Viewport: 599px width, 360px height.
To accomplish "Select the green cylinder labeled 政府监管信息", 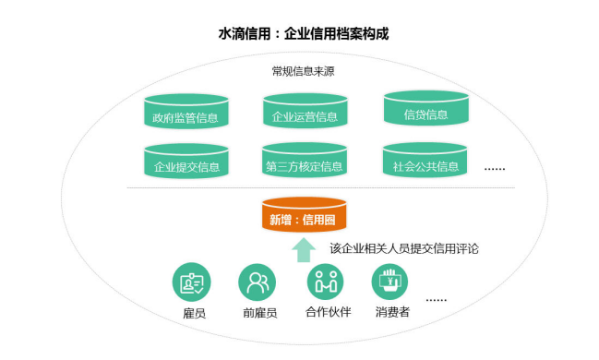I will [186, 114].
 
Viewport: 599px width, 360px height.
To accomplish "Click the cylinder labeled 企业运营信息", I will [305, 114].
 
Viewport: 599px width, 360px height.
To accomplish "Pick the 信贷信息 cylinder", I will [425, 112].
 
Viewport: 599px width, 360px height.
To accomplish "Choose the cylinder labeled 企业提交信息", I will [186, 164].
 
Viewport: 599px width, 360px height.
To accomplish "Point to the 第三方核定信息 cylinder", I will [305, 164].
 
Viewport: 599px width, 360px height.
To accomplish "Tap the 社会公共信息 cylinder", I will [425, 164].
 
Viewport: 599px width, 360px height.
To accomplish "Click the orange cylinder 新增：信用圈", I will [304, 217].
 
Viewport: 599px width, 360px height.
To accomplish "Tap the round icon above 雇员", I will [193, 282].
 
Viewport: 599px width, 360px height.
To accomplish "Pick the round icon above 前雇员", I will [258, 282].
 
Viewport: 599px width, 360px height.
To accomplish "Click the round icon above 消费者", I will [391, 282].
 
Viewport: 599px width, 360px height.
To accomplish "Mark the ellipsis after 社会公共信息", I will [495, 169].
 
